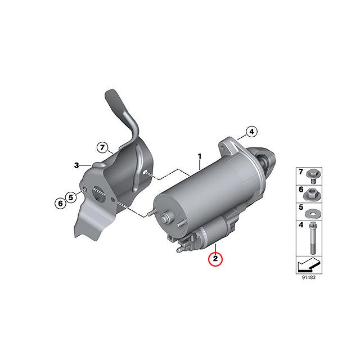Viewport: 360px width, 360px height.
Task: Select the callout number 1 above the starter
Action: point(199,155)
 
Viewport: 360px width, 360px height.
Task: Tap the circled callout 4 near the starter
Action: point(252,132)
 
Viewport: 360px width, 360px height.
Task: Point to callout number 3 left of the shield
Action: point(76,165)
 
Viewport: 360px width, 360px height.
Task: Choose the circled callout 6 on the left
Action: point(59,202)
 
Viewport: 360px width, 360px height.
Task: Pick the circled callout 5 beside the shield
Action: point(70,197)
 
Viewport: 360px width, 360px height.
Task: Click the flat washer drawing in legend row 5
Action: point(313,213)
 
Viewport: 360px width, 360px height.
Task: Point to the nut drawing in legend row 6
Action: point(313,194)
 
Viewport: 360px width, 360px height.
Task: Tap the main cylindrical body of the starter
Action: point(202,191)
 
